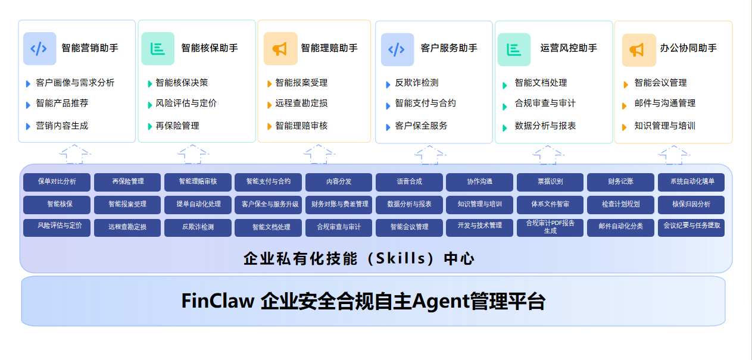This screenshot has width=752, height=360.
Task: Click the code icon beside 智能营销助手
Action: [x=39, y=49]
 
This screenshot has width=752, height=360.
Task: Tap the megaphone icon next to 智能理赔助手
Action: [x=280, y=49]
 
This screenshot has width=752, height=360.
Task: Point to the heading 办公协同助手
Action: [x=688, y=48]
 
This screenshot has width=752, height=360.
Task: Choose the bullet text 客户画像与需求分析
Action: [x=75, y=83]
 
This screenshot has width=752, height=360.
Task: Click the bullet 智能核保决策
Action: [x=182, y=83]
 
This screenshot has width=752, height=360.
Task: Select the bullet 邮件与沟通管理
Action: [x=664, y=104]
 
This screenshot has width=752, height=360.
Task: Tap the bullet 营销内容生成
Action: [x=62, y=126]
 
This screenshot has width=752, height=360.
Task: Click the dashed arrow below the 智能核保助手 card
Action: [x=193, y=154]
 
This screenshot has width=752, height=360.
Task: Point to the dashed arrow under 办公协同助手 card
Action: [x=673, y=154]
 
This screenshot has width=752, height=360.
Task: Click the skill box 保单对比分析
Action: [x=57, y=181]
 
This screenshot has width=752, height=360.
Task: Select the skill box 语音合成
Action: [x=409, y=181]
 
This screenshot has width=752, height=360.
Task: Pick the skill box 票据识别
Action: [x=550, y=181]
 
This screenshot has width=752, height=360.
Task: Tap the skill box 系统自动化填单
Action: [x=691, y=181]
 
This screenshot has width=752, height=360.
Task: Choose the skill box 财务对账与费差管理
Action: [x=339, y=204]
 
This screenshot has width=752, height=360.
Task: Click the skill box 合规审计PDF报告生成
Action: [x=550, y=227]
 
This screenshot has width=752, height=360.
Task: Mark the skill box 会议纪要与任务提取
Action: [x=691, y=226]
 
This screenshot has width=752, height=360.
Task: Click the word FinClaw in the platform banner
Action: [x=218, y=301]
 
